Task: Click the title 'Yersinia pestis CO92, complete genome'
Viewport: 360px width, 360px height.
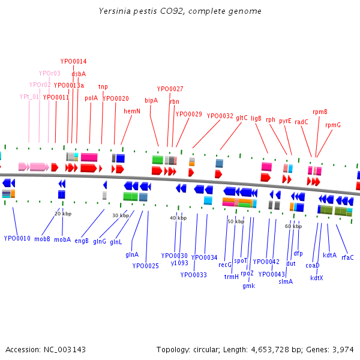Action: [x=180, y=11]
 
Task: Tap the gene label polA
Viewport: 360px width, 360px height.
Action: [x=91, y=98]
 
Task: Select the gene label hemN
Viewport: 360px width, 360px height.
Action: [x=132, y=111]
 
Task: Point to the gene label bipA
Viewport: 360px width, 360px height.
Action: [x=151, y=100]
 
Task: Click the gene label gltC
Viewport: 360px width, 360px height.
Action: [x=241, y=118]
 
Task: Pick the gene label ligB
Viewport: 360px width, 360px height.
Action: [x=256, y=119]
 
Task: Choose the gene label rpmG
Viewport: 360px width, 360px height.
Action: [x=333, y=125]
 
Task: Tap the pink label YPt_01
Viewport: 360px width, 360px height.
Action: [x=29, y=96]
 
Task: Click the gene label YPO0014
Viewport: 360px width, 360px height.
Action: [x=73, y=61]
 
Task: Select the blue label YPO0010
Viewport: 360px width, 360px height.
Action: [x=17, y=238]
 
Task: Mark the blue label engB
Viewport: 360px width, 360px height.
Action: [x=82, y=241]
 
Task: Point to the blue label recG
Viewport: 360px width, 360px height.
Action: [x=225, y=265]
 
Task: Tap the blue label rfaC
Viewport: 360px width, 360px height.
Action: [x=347, y=257]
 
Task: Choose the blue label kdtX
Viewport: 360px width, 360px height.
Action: [x=317, y=278]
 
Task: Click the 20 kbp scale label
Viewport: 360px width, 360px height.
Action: [x=63, y=214]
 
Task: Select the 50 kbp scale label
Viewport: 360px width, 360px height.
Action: [x=236, y=221]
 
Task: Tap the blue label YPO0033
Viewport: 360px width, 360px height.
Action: [x=193, y=275]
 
